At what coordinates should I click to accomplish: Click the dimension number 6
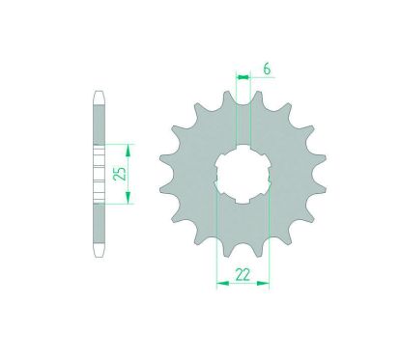[267, 69]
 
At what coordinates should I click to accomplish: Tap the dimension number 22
[243, 275]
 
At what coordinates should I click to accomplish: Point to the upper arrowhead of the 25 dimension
[129, 151]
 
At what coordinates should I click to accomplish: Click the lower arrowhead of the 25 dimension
[129, 197]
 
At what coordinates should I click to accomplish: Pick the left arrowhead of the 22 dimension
[223, 284]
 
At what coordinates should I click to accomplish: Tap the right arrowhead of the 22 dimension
[263, 284]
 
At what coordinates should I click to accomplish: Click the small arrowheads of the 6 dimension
[243, 77]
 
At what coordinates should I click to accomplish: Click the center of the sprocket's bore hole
[243, 174]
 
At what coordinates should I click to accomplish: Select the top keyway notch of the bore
[243, 148]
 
